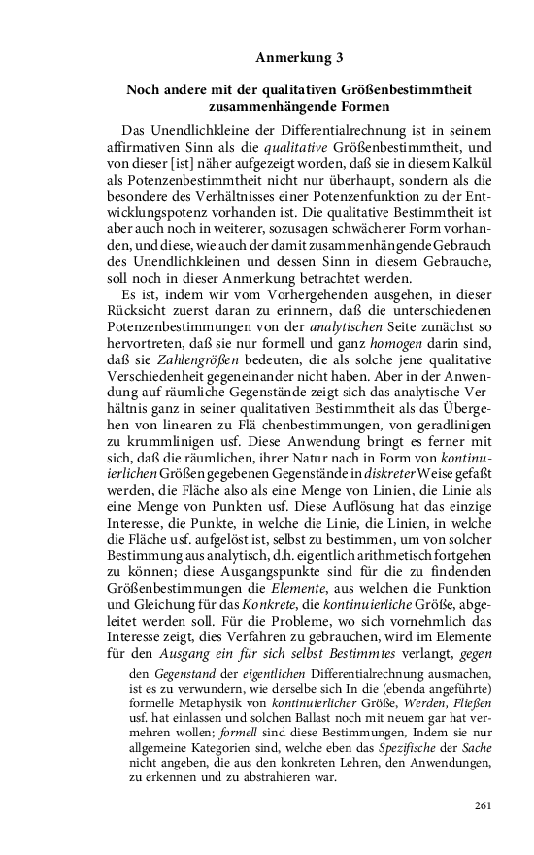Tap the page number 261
click(485, 806)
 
